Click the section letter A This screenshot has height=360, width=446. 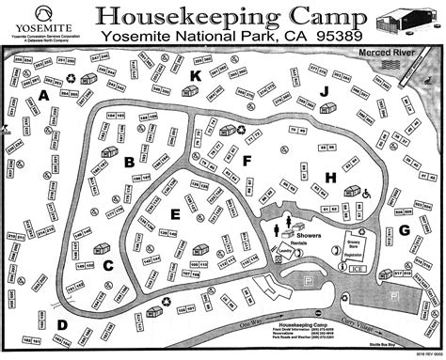pyautogui.click(x=43, y=96)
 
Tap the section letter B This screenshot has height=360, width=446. pyautogui.click(x=128, y=162)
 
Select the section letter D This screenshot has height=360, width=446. pyautogui.click(x=62, y=325)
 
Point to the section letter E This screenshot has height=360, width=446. pyautogui.click(x=175, y=214)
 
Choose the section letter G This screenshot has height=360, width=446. pyautogui.click(x=405, y=229)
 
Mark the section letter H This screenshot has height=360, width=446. pyautogui.click(x=330, y=177)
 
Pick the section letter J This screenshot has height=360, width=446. pyautogui.click(x=324, y=91)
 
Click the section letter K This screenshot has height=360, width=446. pyautogui.click(x=196, y=76)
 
